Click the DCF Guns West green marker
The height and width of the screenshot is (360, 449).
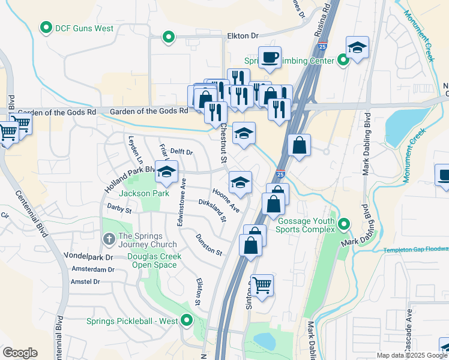pos(46,27)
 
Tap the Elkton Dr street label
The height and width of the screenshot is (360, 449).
pos(242,37)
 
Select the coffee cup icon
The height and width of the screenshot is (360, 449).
pos(270,57)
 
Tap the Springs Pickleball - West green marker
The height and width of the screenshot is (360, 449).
pos(187,320)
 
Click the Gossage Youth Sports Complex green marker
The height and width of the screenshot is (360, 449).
pos(343,224)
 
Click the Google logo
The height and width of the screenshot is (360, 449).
pos(20,353)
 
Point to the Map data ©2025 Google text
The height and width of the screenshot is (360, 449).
pos(412,355)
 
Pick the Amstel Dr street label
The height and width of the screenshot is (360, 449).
pos(85,281)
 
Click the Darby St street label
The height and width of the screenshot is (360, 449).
pos(119,209)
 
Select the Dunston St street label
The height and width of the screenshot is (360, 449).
pos(209,245)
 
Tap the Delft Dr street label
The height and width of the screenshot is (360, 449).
pos(181,152)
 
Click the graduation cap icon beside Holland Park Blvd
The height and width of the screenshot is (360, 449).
pos(166,172)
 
